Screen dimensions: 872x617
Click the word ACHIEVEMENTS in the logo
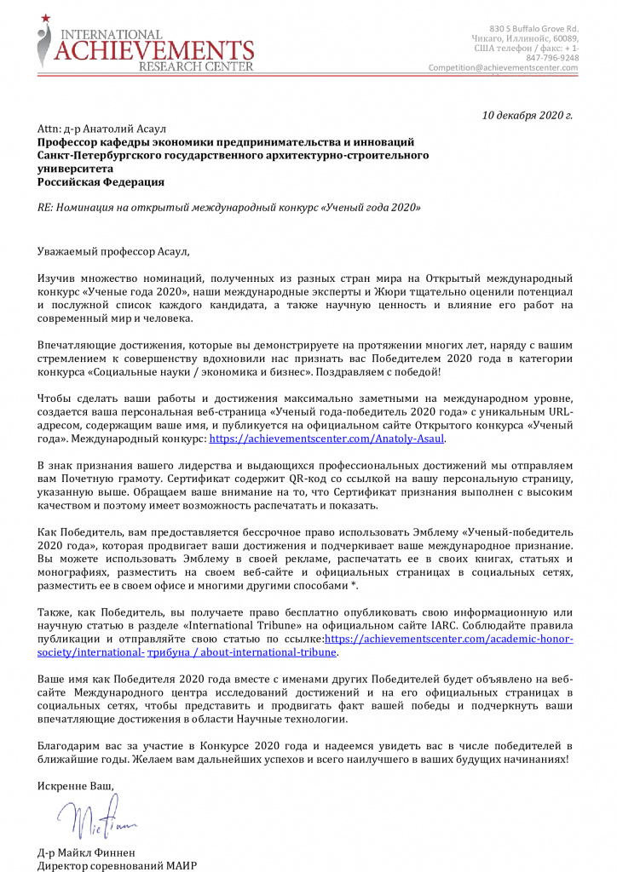(153, 49)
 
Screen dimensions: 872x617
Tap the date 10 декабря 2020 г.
(527, 115)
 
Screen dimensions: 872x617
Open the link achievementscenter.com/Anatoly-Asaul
(327, 439)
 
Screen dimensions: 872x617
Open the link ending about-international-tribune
(242, 653)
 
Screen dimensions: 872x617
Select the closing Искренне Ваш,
(76, 785)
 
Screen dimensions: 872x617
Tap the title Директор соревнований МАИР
(118, 866)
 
